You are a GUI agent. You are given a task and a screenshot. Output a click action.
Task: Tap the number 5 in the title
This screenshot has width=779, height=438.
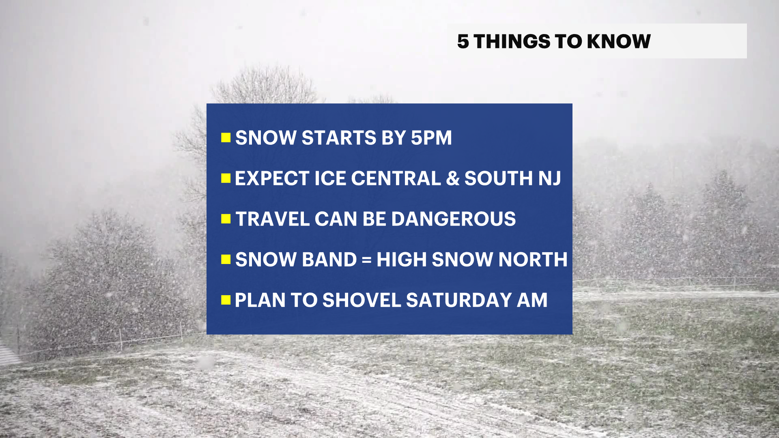tap(463, 41)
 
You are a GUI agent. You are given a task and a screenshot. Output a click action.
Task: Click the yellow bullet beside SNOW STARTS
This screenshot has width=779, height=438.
tap(226, 138)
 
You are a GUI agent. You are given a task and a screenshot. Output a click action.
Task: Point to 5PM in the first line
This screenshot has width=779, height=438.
tap(431, 138)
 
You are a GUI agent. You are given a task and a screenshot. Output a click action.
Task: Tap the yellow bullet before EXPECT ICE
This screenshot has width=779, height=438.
tap(226, 178)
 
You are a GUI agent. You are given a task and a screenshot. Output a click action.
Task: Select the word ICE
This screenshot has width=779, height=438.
tap(330, 178)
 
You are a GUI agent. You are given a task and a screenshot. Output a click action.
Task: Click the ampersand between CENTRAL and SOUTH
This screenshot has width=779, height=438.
tap(452, 178)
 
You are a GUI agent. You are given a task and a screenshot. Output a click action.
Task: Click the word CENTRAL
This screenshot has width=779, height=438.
tap(396, 178)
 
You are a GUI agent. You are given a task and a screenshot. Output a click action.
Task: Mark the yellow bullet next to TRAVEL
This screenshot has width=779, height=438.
tap(226, 219)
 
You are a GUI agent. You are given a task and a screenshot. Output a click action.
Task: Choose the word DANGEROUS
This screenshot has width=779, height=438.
tap(453, 219)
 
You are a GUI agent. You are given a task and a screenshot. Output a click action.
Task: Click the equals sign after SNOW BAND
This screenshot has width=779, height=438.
tap(366, 260)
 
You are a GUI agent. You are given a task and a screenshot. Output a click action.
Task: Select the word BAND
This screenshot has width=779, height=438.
tap(329, 260)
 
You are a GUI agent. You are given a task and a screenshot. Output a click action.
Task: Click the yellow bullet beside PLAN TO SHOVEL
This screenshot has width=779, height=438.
tap(226, 300)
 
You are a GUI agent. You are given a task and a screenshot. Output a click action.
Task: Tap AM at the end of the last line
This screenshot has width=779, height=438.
tap(532, 300)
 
